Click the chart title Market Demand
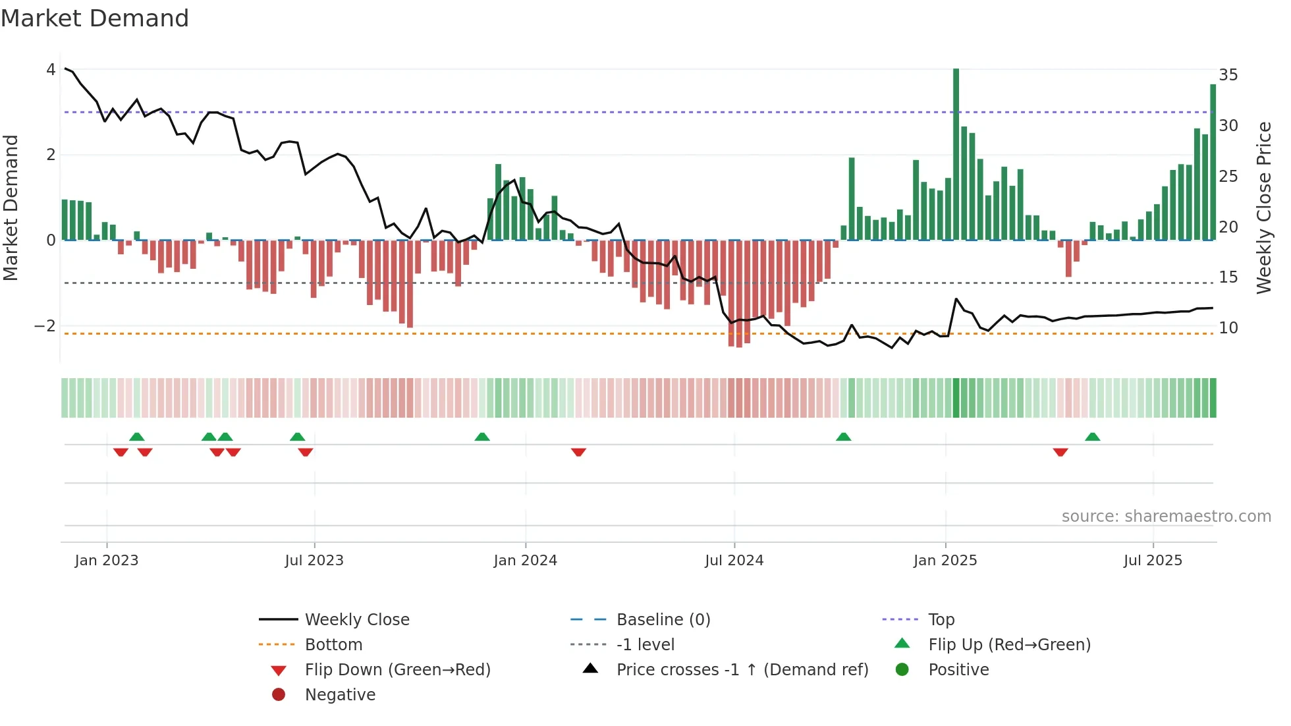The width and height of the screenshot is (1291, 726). point(95,18)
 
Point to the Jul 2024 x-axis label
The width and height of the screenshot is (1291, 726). point(734,561)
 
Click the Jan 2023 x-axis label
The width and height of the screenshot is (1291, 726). point(107,561)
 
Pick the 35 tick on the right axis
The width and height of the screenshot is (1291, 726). point(1228,75)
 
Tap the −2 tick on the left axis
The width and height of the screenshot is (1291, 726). point(45,326)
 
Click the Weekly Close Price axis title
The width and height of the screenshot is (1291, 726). point(1263,208)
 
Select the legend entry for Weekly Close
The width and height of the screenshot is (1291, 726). point(356,620)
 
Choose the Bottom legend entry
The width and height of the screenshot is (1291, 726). point(333,645)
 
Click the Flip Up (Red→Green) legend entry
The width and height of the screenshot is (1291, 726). point(1009,645)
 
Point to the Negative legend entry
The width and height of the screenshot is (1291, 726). point(340,695)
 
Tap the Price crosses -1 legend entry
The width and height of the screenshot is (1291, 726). point(742,670)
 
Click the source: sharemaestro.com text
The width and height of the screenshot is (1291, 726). point(1166,517)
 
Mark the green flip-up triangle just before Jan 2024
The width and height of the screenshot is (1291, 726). point(482,437)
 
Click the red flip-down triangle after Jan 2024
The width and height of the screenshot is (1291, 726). point(578,452)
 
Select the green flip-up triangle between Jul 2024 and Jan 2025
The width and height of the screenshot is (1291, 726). point(843,437)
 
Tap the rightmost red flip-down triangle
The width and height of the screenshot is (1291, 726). point(1060,452)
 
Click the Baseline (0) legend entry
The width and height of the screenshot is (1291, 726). point(663,620)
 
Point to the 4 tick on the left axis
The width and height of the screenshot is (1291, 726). point(51,70)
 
